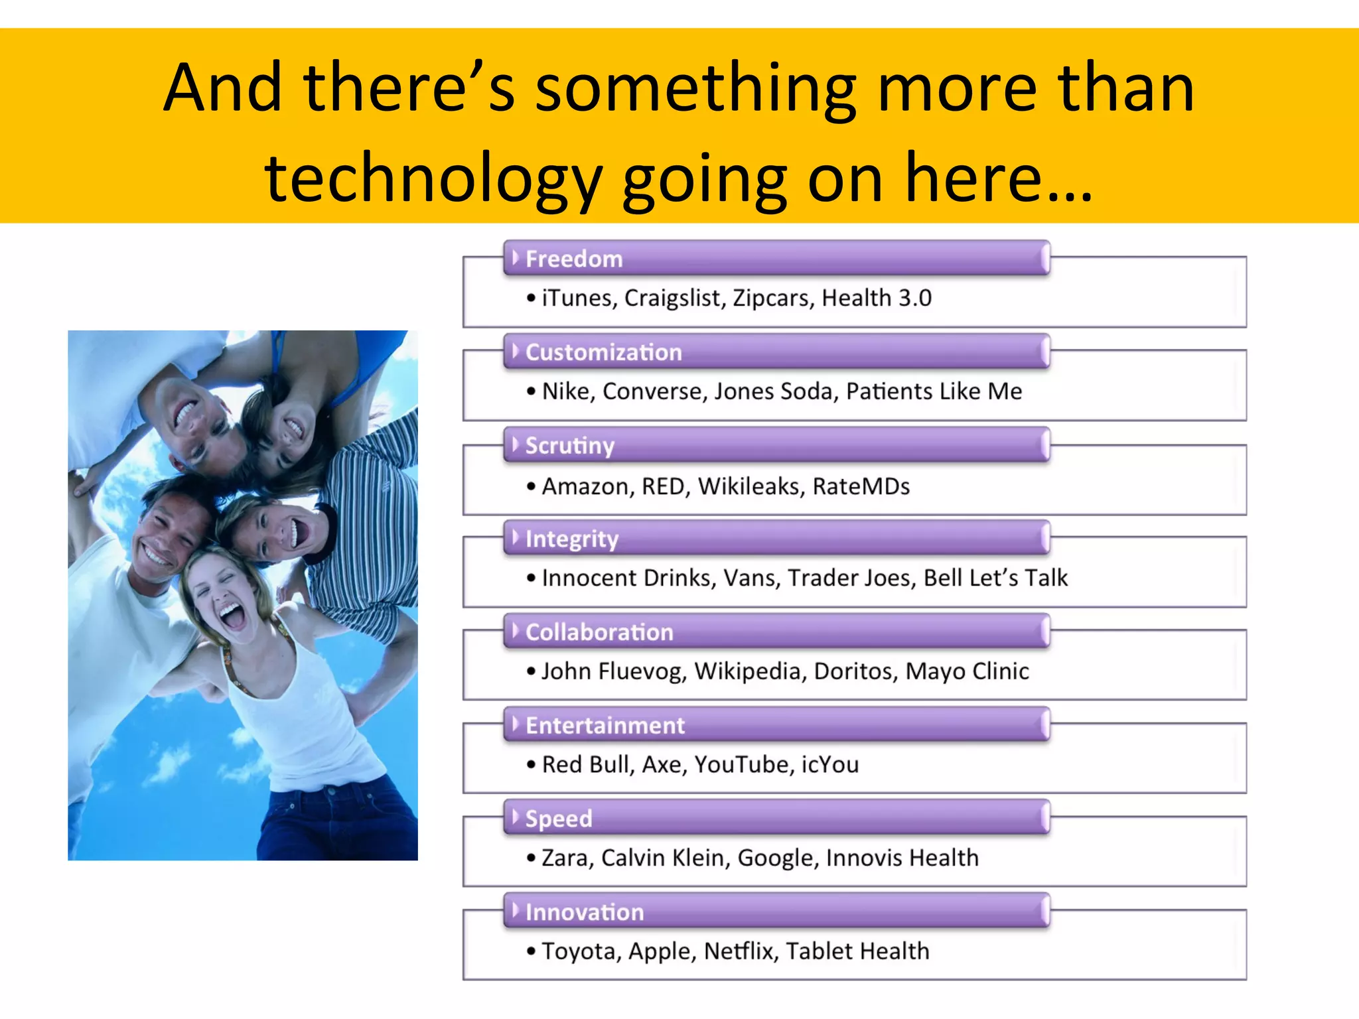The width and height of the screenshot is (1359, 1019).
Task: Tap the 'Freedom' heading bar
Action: coord(776,258)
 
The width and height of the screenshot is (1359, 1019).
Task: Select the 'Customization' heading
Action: coord(603,352)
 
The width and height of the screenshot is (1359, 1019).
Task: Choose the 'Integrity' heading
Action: coord(571,539)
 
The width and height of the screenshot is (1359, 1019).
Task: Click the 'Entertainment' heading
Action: coord(605,725)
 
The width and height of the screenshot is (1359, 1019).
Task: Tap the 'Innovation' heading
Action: coord(584,912)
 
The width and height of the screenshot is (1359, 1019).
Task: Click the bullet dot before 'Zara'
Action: coord(531,858)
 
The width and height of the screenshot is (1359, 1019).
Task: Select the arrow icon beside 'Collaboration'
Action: coord(515,630)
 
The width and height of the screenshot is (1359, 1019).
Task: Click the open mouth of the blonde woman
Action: coord(232,616)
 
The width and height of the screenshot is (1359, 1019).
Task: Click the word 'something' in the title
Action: coord(696,90)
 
